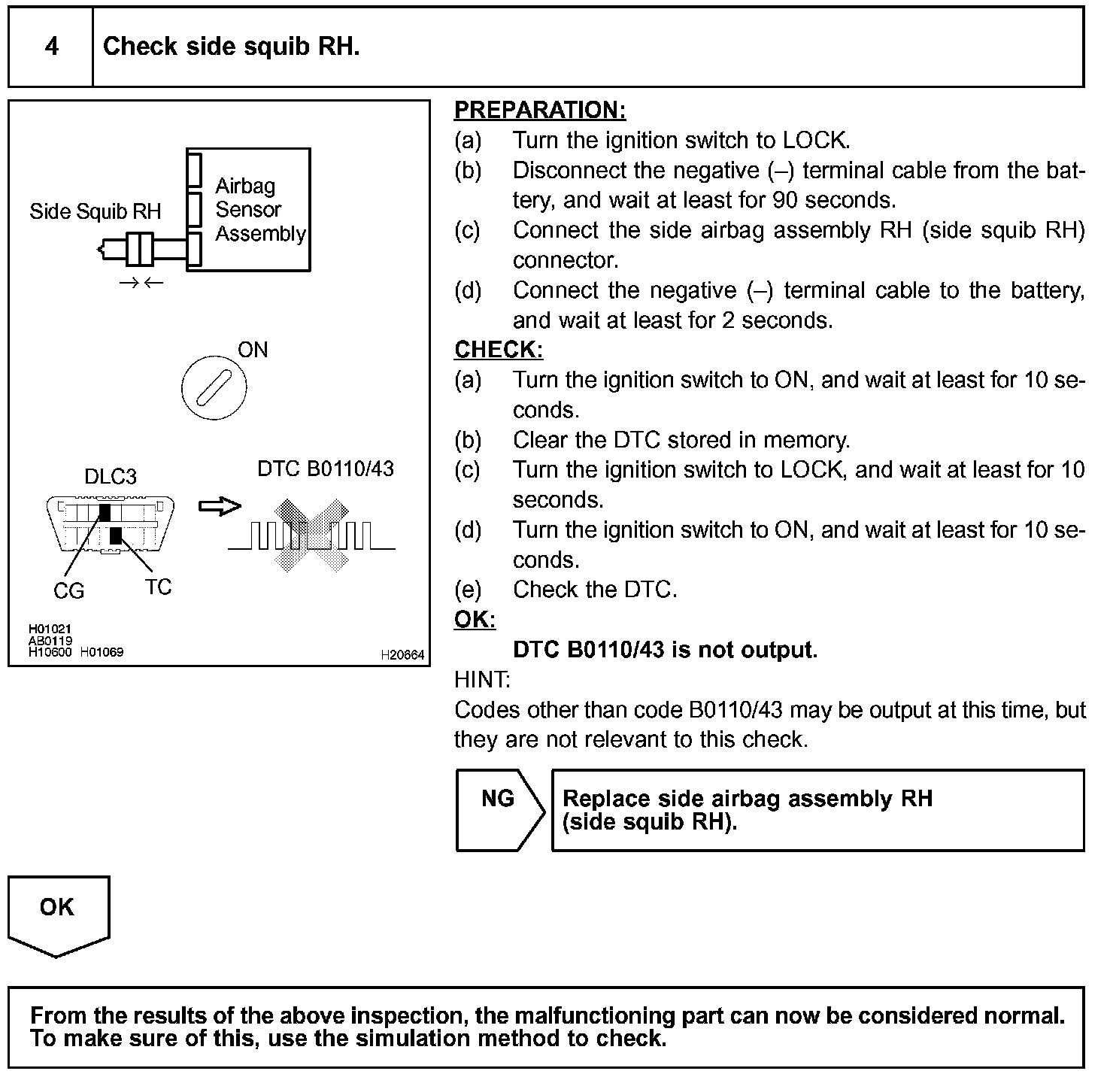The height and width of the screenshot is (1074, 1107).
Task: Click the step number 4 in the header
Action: (51, 47)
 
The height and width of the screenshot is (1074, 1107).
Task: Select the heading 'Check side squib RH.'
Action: (231, 47)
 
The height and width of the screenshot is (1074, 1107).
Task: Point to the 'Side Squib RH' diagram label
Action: (96, 211)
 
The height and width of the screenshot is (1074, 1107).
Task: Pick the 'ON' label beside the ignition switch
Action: (253, 350)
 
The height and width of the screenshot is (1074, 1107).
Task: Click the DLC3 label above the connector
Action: (110, 476)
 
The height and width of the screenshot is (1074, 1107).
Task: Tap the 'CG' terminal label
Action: (68, 591)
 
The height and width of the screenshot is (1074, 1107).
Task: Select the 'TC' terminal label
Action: (158, 587)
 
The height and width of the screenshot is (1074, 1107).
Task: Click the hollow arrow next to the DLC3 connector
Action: (220, 506)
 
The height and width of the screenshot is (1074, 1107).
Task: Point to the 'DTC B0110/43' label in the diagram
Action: (326, 469)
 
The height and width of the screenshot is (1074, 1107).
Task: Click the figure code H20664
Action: (402, 655)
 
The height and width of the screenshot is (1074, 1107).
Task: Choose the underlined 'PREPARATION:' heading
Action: (540, 110)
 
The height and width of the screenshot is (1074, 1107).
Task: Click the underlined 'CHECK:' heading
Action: (499, 350)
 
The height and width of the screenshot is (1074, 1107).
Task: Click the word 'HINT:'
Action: (482, 680)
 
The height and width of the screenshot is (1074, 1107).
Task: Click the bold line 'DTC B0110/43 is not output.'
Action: (665, 650)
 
